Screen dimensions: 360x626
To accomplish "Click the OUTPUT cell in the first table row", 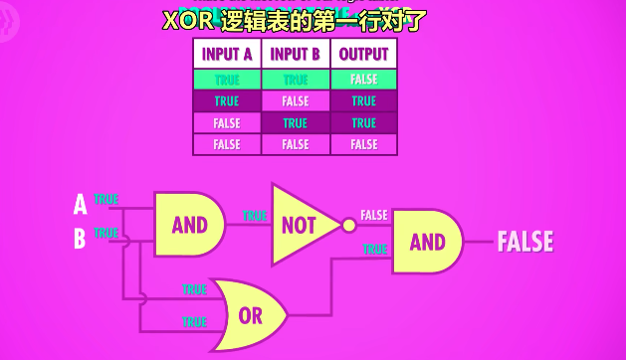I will [363, 80].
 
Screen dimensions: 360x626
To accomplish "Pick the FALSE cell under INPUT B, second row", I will [296, 101].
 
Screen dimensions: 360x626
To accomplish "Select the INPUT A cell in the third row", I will [227, 123].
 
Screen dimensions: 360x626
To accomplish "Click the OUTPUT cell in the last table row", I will [363, 144].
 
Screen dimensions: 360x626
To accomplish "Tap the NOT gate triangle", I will [299, 225].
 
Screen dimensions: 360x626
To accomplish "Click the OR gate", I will [250, 316].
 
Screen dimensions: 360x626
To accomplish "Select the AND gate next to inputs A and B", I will [189, 225].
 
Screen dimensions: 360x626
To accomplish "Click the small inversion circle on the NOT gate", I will [348, 226].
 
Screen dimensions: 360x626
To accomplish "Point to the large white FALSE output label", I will [524, 242].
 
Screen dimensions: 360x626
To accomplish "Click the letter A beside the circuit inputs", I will [80, 205].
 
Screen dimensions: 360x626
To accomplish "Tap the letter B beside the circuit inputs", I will [80, 239].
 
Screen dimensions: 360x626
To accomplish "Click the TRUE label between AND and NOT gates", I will [255, 215].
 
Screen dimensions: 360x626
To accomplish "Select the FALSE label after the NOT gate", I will [374, 215].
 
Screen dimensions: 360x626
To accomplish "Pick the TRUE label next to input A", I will [105, 200].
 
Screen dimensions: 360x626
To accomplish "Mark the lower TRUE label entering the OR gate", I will [194, 322].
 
